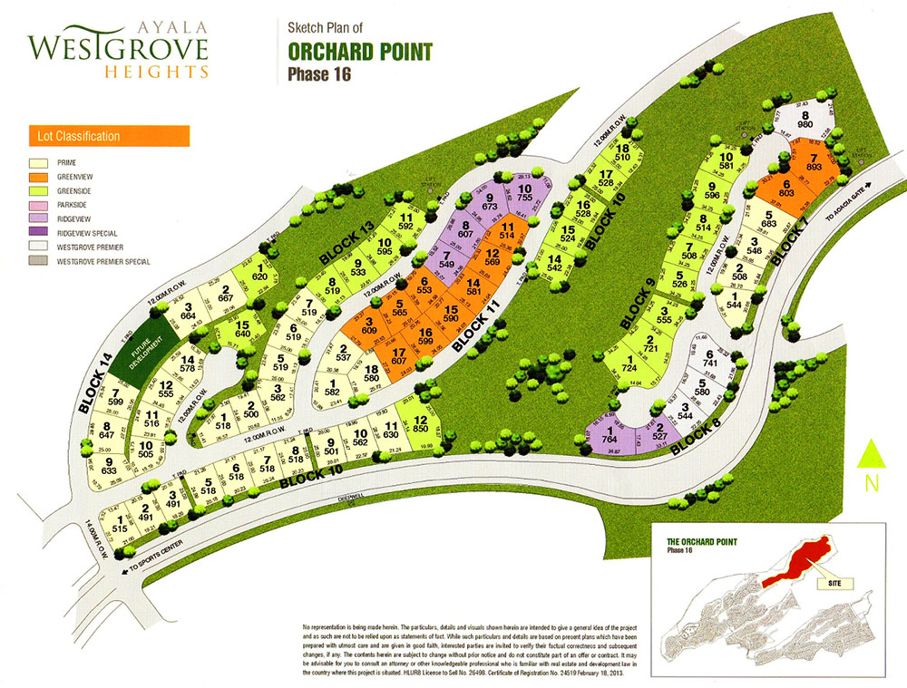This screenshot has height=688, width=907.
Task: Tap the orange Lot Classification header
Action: point(107,137)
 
